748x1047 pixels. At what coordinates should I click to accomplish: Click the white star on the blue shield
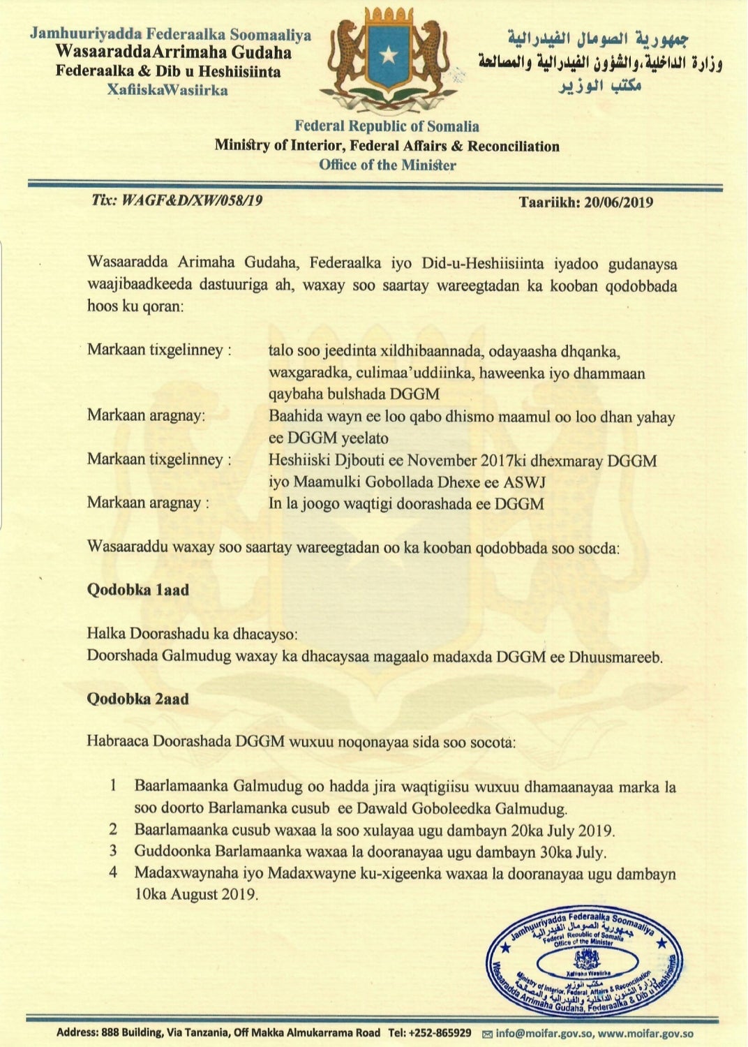[388, 55]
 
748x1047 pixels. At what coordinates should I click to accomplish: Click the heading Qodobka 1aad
[137, 590]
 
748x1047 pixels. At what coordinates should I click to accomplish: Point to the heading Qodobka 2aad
[137, 699]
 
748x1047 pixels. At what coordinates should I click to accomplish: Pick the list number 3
[112, 851]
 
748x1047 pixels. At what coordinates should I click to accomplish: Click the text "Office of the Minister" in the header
[387, 165]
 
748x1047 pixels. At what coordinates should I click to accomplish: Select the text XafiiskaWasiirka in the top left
[167, 90]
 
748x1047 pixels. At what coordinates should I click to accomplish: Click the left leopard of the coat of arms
[345, 56]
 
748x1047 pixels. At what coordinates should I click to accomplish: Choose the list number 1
[112, 787]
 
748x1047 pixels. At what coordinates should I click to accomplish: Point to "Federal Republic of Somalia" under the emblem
[387, 126]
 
